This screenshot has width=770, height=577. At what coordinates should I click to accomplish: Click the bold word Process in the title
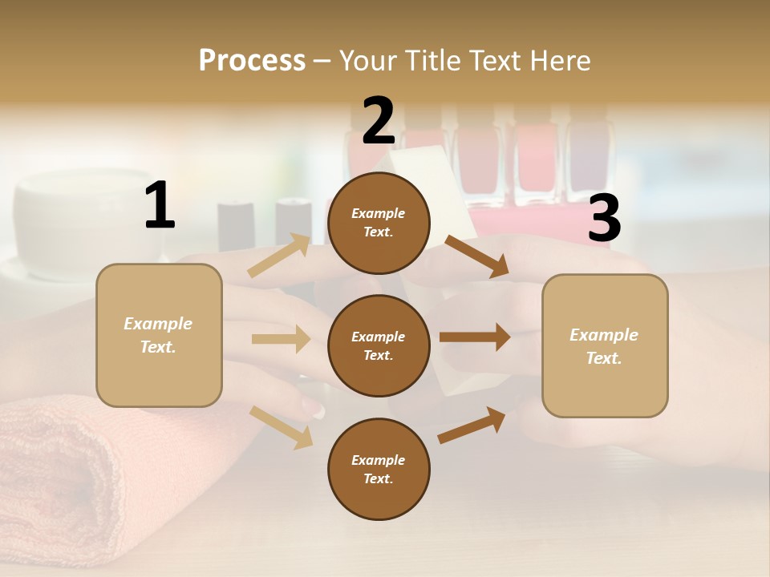(x=252, y=61)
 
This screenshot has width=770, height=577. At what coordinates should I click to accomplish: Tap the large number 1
(x=160, y=206)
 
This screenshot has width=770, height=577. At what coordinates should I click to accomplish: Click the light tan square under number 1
(x=159, y=335)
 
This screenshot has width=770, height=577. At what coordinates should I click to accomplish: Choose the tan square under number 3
(x=605, y=346)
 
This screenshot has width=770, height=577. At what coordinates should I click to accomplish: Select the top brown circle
(x=379, y=223)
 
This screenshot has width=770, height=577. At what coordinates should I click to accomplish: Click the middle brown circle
(x=379, y=345)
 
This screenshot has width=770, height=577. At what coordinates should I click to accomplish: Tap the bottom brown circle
(x=379, y=469)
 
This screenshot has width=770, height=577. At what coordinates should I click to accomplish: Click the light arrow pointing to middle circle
(x=281, y=339)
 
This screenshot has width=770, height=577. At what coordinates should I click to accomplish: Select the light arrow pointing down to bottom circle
(x=282, y=426)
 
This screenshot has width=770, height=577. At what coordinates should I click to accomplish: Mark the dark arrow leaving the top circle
(x=476, y=256)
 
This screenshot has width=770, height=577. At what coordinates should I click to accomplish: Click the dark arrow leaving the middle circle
(x=474, y=337)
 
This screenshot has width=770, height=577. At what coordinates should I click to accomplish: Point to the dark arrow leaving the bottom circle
(x=472, y=426)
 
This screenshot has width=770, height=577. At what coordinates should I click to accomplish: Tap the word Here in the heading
(x=559, y=61)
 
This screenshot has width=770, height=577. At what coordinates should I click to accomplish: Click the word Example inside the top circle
(x=379, y=213)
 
